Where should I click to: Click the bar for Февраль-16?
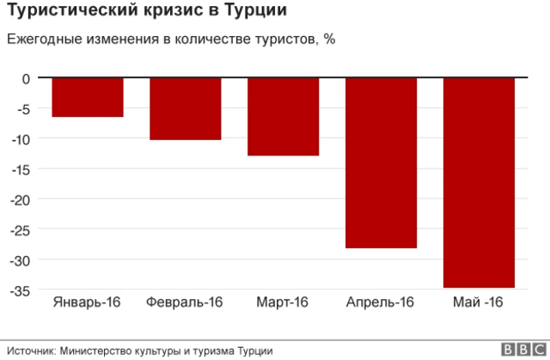[x=185, y=108]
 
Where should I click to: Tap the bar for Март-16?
[x=283, y=117]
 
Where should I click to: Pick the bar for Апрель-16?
[x=381, y=162]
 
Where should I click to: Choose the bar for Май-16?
[x=479, y=182]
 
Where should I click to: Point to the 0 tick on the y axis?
[x=27, y=79]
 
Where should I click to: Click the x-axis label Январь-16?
[x=87, y=302]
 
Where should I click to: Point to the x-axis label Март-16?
[x=282, y=302]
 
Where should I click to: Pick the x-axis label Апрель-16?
[x=380, y=302]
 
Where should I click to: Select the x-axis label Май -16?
[x=478, y=302]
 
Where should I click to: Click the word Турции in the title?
[x=256, y=12]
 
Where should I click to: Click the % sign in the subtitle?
[x=329, y=40]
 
